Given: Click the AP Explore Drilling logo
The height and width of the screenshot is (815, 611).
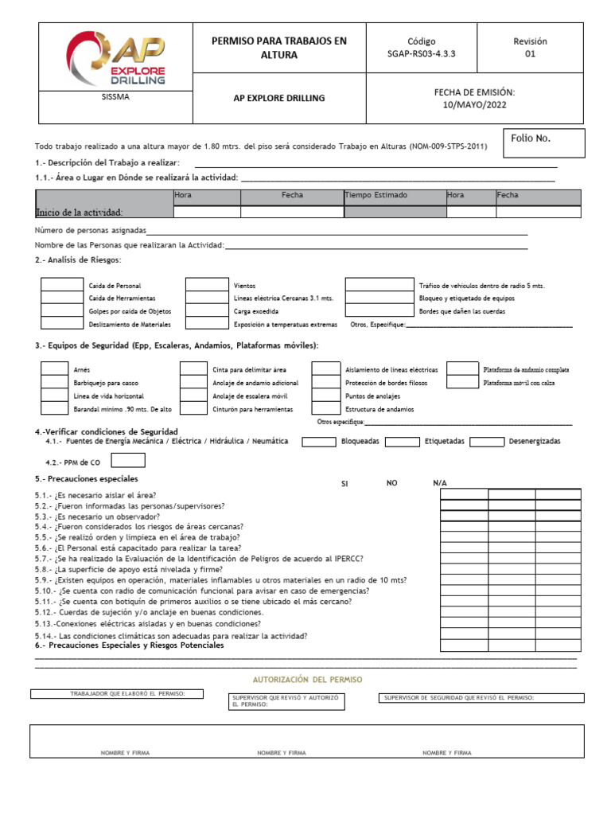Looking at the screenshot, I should click(x=116, y=57).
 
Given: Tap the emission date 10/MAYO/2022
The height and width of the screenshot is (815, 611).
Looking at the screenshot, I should click(x=473, y=98).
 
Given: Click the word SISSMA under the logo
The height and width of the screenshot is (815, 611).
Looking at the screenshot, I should click(x=116, y=97).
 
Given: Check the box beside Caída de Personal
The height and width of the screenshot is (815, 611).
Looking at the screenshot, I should click(x=61, y=285).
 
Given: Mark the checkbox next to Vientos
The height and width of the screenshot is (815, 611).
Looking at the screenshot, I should click(x=207, y=285).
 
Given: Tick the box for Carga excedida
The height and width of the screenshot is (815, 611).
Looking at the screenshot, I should click(x=207, y=310).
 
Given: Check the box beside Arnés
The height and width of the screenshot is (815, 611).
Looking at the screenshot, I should click(x=54, y=369).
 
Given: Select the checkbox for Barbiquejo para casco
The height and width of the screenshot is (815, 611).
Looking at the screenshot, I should click(x=54, y=382).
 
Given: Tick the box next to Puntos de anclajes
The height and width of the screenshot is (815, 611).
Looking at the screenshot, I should click(x=325, y=396).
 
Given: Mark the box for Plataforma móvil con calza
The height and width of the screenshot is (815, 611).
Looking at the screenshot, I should click(x=462, y=382).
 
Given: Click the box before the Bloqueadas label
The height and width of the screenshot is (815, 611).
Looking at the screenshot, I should click(x=318, y=442).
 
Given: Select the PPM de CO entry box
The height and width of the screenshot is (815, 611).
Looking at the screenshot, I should click(x=128, y=460).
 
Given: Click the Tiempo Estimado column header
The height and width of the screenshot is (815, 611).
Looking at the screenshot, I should click(x=376, y=195).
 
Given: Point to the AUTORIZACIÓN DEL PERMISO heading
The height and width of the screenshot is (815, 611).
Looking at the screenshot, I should click(x=306, y=680).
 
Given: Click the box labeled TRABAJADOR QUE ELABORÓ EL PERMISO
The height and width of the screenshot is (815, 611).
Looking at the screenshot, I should click(x=117, y=694).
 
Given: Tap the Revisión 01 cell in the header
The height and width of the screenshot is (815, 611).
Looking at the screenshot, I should click(x=530, y=48).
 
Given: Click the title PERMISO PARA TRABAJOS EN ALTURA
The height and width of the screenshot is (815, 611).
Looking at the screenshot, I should click(x=278, y=48).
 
